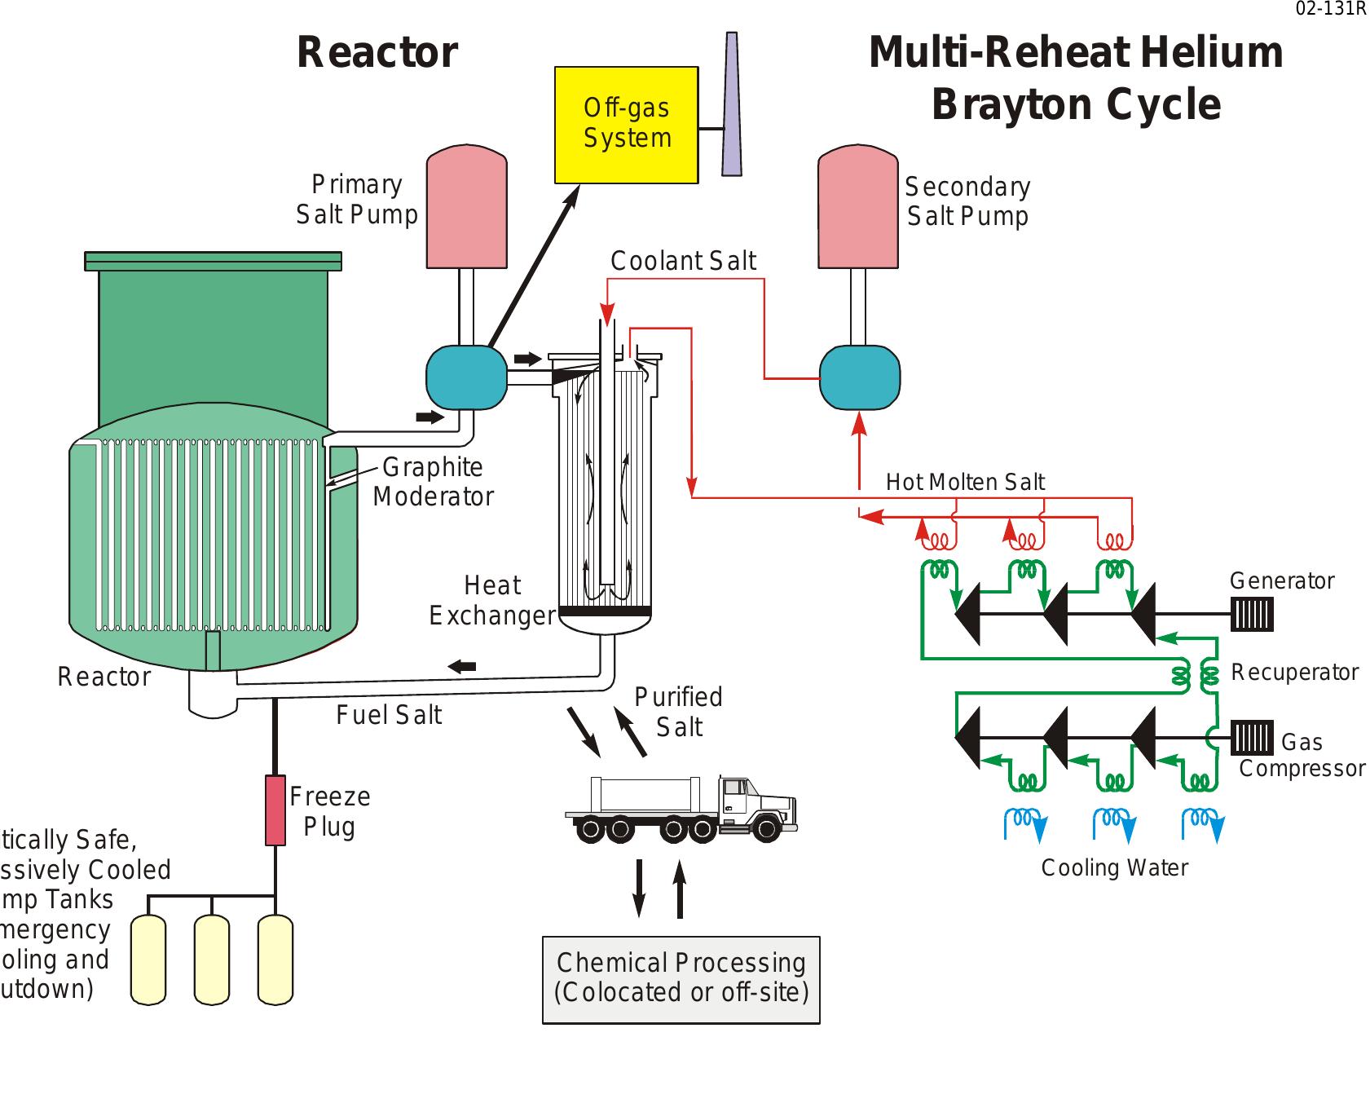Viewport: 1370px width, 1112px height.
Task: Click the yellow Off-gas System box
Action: [626, 124]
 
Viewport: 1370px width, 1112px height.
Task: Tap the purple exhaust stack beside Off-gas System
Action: [731, 106]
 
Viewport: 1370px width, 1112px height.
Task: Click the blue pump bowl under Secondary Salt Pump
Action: [859, 377]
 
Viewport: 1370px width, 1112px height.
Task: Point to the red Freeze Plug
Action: [275, 810]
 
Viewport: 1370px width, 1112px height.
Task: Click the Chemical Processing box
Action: [681, 978]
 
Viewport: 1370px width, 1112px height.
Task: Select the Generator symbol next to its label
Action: [1251, 615]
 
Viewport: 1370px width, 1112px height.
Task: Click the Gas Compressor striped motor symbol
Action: [1251, 738]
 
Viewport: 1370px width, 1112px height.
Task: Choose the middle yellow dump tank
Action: [212, 960]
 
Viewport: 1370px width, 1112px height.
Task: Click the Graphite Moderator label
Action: [433, 482]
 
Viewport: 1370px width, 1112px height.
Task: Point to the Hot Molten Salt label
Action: [965, 483]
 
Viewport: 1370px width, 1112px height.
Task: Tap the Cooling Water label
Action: [1114, 867]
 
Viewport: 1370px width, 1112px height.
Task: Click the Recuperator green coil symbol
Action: [1195, 675]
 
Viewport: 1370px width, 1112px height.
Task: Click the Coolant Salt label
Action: [683, 261]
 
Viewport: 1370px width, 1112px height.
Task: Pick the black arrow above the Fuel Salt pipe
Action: [462, 666]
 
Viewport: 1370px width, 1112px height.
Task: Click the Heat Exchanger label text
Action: [491, 600]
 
